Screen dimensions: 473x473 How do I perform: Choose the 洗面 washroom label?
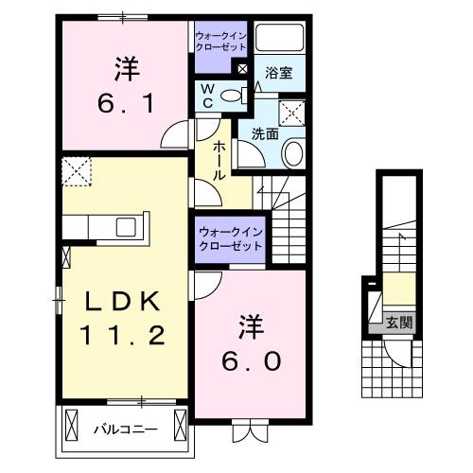coord(264,134)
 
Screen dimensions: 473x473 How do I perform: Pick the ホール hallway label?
coord(219,160)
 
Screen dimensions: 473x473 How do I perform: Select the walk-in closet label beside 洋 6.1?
coord(219,40)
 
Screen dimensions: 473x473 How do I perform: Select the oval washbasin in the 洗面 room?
coord(293,154)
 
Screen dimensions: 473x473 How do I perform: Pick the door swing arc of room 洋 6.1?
coord(175,136)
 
